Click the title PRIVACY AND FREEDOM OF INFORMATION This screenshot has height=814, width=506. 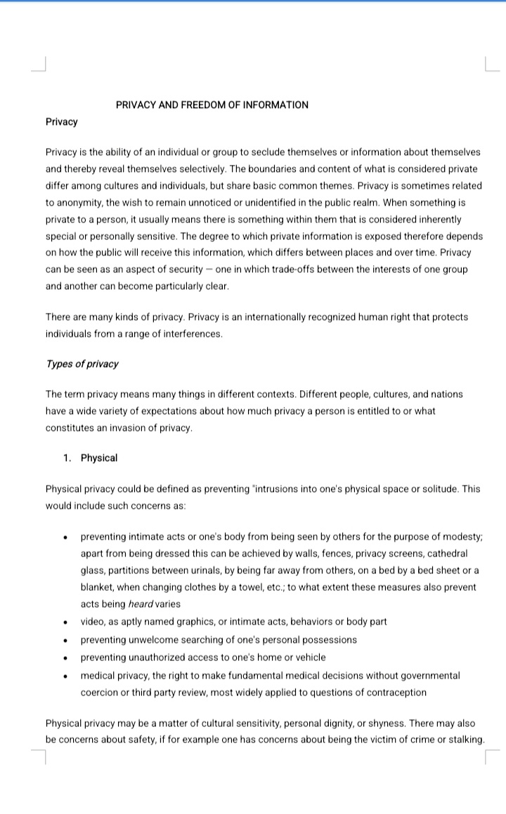pos(212,105)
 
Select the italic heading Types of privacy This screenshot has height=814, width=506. pos(82,363)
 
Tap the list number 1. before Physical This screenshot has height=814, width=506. pos(67,458)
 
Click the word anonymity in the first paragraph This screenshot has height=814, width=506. pos(78,202)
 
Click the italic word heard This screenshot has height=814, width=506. pos(142,604)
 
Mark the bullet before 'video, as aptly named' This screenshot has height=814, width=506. pos(65,622)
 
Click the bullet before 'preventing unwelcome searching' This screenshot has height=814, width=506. pos(65,640)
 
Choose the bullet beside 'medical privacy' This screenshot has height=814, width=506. pos(65,676)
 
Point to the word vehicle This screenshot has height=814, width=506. pos(309,658)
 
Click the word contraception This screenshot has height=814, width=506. pos(390,693)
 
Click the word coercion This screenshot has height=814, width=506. pos(100,693)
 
